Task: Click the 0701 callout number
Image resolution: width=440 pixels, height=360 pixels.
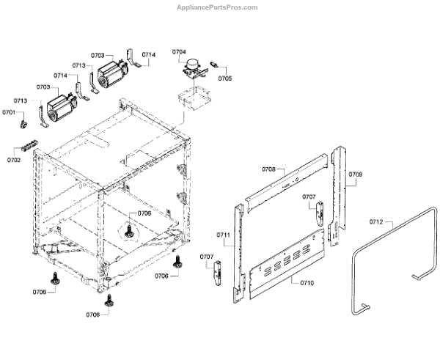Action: (9, 112)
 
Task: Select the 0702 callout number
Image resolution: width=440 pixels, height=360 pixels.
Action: (14, 159)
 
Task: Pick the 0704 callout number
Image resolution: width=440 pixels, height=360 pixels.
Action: (180, 52)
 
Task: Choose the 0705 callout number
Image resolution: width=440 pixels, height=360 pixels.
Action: (225, 78)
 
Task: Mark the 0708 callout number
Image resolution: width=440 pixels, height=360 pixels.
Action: (268, 169)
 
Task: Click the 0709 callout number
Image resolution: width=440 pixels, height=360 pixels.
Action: (355, 175)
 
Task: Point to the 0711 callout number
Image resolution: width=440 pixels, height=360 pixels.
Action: (223, 235)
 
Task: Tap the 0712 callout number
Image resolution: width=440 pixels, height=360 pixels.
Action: (377, 221)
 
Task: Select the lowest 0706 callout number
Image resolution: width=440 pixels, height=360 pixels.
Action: (92, 315)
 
